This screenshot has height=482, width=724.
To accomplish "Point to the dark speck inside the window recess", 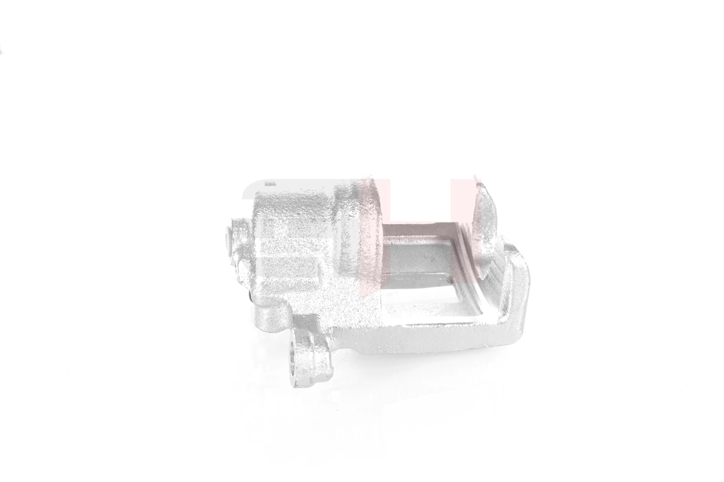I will tap(432, 260).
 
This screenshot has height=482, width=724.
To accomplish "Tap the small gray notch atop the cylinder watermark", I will tap(270, 181).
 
